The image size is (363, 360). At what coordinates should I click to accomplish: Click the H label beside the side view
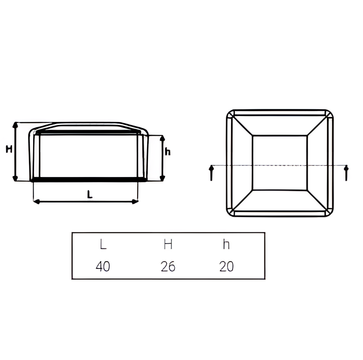pos(9,149)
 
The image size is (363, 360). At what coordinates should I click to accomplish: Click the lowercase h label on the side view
pos(168,152)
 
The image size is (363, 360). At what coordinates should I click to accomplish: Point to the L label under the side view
pos(90,195)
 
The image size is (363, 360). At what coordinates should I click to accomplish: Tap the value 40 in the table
pos(103,266)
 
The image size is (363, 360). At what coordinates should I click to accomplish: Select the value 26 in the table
pos(168,266)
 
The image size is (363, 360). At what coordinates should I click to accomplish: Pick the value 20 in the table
pos(226,266)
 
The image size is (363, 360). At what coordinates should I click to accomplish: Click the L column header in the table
pos(103,244)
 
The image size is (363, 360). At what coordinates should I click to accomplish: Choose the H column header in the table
pos(168,244)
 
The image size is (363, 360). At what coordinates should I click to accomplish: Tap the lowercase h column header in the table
pos(226,244)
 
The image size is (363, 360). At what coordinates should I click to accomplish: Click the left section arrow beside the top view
pos(211,173)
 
